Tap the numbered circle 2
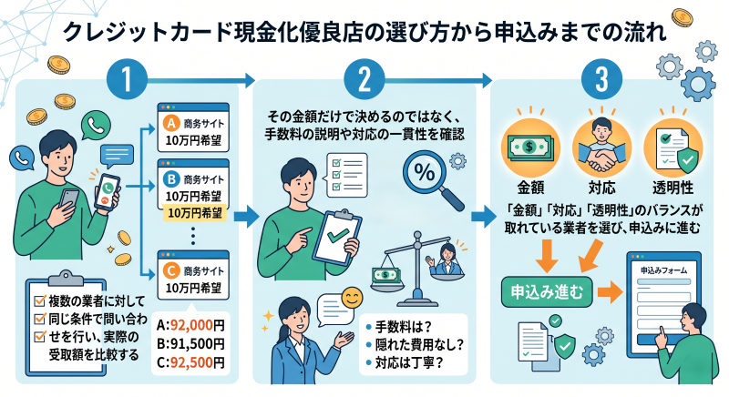[x=364, y=79]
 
